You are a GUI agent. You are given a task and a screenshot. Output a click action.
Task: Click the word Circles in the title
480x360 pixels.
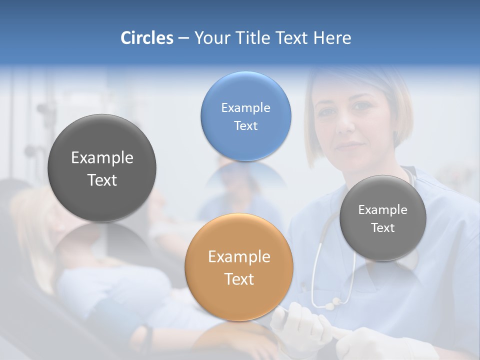(x=147, y=38)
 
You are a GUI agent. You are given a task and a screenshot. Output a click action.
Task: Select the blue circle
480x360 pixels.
(x=245, y=116)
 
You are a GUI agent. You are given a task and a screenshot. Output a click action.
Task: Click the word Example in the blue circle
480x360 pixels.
(x=245, y=107)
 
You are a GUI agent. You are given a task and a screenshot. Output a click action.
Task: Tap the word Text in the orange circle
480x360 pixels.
(x=239, y=279)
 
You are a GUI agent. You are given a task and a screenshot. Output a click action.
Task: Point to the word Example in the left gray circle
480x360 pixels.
(x=102, y=158)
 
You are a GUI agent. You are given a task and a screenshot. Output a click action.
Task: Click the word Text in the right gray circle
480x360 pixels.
(x=383, y=228)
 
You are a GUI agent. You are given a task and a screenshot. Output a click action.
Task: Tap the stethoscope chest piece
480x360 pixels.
(x=331, y=303)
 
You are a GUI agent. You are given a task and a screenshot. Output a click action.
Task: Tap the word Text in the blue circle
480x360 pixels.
(x=245, y=125)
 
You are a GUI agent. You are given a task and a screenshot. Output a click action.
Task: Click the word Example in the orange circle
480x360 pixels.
(x=239, y=257)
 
